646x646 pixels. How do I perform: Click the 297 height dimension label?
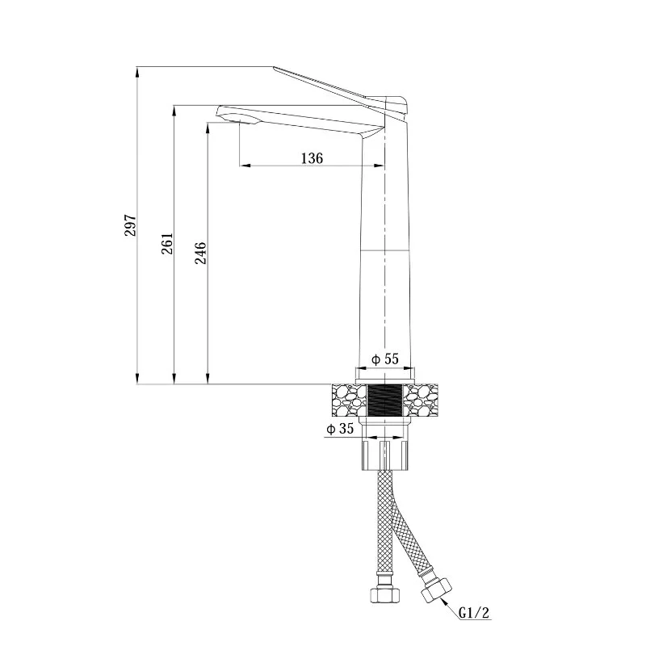pos(130,225)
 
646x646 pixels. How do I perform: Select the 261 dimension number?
pos(167,243)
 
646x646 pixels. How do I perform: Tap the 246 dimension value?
pos(200,253)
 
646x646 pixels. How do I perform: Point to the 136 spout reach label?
pos(312,157)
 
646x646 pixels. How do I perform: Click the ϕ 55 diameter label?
pos(385,359)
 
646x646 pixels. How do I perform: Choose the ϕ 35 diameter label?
pos(340,429)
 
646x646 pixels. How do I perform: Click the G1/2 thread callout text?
pos(474,613)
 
